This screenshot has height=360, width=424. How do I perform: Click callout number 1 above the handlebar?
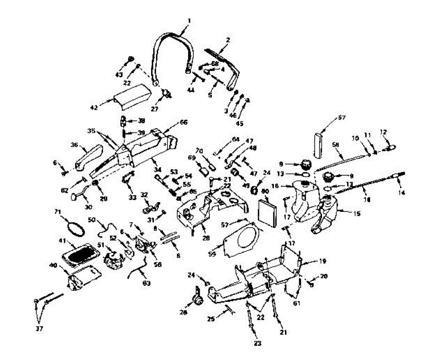tap(189, 21)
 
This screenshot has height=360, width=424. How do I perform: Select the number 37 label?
tap(39, 329)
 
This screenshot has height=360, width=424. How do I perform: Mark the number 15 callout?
tap(357, 214)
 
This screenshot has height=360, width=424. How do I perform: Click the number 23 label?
tap(258, 343)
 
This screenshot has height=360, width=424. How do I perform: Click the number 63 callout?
tap(146, 283)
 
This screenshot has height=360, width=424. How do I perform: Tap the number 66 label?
tap(184, 122)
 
